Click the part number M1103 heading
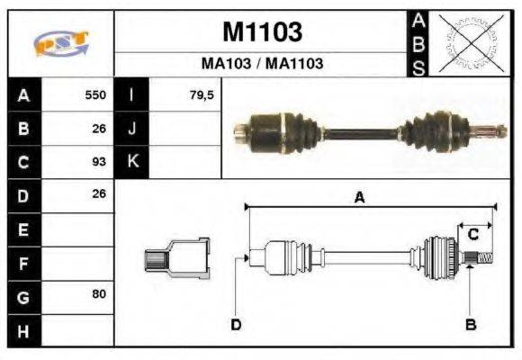coord(261,32)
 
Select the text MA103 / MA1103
coord(261,64)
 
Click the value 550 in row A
coord(95,94)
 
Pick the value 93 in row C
coord(99,162)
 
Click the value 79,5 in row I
coord(202,94)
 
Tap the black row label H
coord(22,329)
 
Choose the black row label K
coord(131,162)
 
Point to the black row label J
coord(131,128)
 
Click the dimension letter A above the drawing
coord(358,199)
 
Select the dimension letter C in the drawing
coord(472,235)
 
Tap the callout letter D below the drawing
coord(236,324)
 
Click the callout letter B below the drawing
coord(470,324)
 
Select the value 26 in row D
coord(99,194)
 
